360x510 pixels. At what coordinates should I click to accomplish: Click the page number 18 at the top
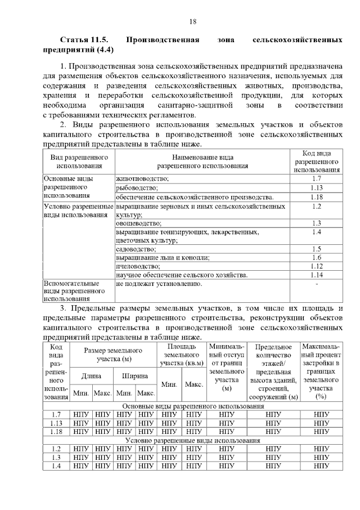(192, 22)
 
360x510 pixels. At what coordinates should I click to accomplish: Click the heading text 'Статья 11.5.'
(84, 41)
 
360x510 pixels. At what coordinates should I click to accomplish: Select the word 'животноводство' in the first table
(142, 178)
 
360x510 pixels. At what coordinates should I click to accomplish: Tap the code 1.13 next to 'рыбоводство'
(317, 187)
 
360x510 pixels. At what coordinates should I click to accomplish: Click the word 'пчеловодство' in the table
(138, 266)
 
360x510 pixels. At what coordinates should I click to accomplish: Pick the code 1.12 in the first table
(317, 266)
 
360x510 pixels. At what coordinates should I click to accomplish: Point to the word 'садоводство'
(136, 248)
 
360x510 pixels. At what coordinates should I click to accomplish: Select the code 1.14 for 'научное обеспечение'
(317, 275)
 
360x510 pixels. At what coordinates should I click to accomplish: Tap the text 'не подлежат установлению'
(159, 284)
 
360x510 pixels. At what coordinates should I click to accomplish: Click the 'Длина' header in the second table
(91, 375)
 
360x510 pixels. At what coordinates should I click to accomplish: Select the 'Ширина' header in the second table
(134, 375)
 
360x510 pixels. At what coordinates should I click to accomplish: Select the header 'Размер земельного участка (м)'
(112, 354)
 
